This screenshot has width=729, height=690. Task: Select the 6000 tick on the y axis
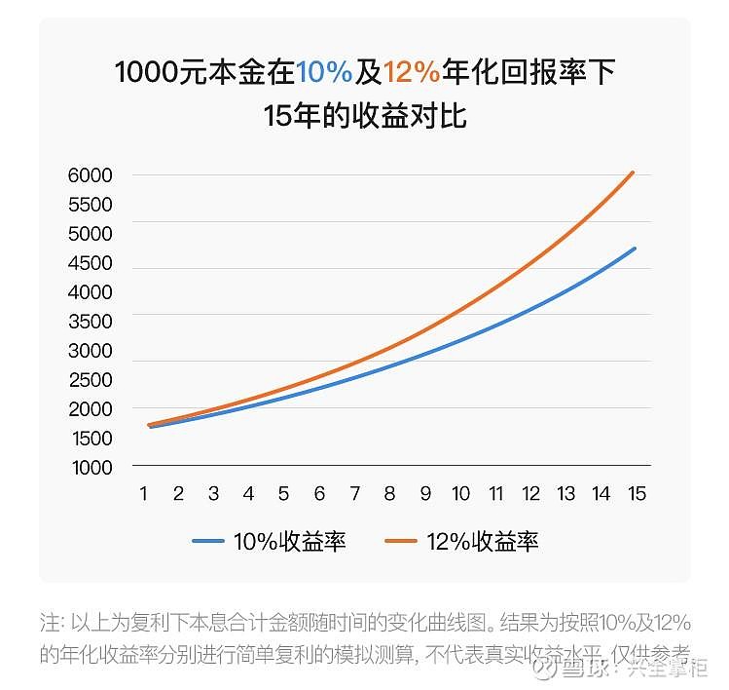(x=91, y=175)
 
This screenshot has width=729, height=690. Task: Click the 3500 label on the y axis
(x=91, y=321)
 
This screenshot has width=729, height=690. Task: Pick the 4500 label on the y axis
(x=91, y=263)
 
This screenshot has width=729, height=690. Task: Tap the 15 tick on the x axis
(x=637, y=494)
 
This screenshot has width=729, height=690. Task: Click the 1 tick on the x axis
(x=144, y=494)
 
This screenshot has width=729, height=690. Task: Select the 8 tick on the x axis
(x=389, y=494)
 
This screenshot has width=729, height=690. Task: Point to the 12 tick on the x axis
(x=531, y=494)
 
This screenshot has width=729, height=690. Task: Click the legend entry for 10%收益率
(x=289, y=542)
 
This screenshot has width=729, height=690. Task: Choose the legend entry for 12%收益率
(x=482, y=542)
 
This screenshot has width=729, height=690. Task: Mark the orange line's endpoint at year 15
(x=634, y=172)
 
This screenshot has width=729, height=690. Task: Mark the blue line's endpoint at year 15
(x=635, y=249)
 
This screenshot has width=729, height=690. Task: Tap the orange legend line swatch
(x=400, y=542)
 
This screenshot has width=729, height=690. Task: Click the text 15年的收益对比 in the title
(x=365, y=116)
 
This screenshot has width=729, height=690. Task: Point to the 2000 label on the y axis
(x=91, y=408)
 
